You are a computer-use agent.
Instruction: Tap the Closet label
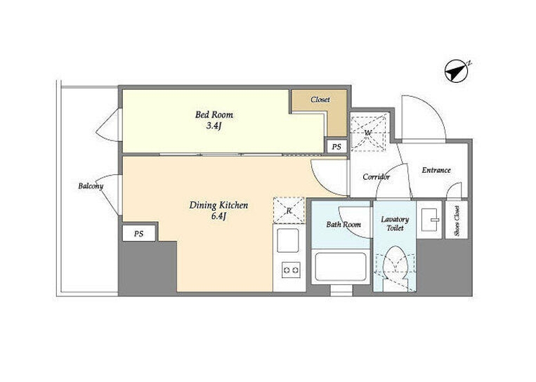click(x=320, y=100)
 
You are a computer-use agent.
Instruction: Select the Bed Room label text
click(x=214, y=114)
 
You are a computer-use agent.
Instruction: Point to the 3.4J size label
click(x=214, y=126)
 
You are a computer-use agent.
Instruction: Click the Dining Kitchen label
click(x=218, y=205)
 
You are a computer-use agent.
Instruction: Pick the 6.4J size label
click(x=218, y=216)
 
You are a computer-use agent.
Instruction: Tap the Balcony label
click(x=91, y=186)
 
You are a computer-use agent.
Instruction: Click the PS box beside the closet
click(x=336, y=147)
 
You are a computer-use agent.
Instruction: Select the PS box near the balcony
click(x=139, y=234)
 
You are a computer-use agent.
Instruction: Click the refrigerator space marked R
click(x=289, y=211)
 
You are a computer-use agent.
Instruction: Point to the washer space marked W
click(x=369, y=132)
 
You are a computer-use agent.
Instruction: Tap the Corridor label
click(x=376, y=177)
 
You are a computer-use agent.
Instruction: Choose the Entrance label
click(x=436, y=170)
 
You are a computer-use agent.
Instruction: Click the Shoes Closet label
click(x=457, y=220)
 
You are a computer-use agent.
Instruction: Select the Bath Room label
click(x=344, y=225)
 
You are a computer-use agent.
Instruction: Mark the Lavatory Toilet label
click(x=395, y=223)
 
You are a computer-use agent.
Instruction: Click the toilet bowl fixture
click(x=395, y=263)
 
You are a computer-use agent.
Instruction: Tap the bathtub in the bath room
click(x=341, y=267)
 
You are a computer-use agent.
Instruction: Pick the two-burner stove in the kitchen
click(x=291, y=270)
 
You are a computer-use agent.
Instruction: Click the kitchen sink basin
click(x=288, y=240)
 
